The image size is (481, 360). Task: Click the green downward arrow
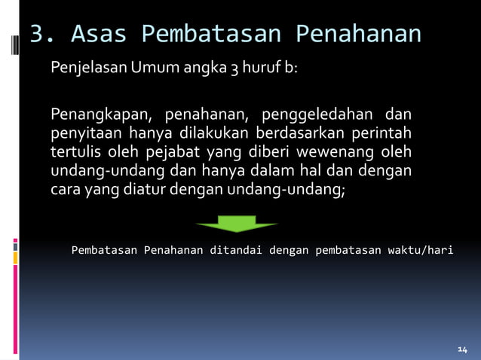pyautogui.click(x=237, y=223)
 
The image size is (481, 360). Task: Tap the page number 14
pyautogui.click(x=462, y=349)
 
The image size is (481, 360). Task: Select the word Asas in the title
pyautogui.click(x=98, y=34)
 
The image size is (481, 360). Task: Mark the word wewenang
pyautogui.click(x=328, y=153)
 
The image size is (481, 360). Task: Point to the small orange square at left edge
pyautogui.click(x=15, y=258)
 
